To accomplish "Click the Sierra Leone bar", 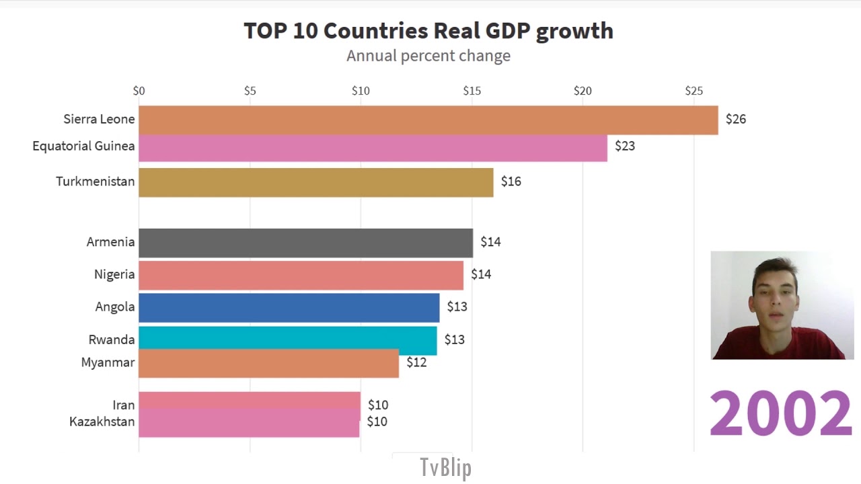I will tap(428, 120).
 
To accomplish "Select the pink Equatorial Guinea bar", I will tap(373, 149).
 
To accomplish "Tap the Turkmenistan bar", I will tap(315, 182).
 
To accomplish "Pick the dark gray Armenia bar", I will tap(305, 243).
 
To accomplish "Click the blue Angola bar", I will tap(289, 307).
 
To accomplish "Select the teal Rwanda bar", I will tap(287, 338).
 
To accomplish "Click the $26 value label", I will tap(735, 119).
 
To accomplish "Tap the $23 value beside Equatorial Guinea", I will tap(624, 146).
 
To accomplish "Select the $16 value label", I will tap(511, 182).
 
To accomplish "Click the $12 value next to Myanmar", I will tap(416, 362).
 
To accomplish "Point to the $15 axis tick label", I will tap(472, 91).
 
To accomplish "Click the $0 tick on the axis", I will tap(139, 91).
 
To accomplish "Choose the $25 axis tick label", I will tap(694, 91).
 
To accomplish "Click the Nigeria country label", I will tap(114, 274).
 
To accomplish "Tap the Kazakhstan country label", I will tap(102, 421).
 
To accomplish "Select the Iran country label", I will tap(124, 405).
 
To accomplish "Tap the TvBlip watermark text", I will tap(445, 468).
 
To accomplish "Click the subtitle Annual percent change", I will tap(428, 56).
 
